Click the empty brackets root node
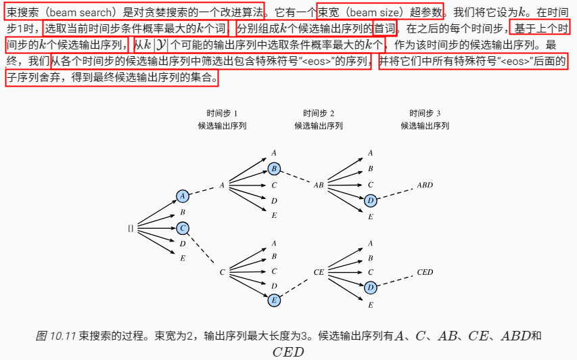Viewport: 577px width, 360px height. click(x=131, y=228)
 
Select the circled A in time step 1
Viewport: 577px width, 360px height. click(x=183, y=196)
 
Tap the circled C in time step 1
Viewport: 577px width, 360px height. click(x=183, y=228)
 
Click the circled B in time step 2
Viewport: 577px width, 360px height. click(x=274, y=168)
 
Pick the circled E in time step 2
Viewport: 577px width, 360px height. click(x=274, y=299)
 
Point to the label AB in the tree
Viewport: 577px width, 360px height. click(x=319, y=185)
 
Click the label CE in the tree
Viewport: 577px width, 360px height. click(x=319, y=272)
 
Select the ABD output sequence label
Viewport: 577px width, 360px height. click(x=425, y=185)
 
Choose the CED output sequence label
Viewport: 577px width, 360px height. click(x=425, y=272)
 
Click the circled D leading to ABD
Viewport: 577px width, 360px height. click(x=370, y=200)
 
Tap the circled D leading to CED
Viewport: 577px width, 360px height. click(x=370, y=288)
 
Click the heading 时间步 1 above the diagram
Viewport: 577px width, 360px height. click(x=222, y=113)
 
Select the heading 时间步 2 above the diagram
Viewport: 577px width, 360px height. click(x=319, y=113)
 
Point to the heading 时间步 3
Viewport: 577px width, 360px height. click(x=425, y=113)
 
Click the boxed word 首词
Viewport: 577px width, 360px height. click(x=385, y=28)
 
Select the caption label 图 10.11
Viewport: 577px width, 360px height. click(x=56, y=336)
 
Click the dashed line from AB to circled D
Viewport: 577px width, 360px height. click(x=346, y=193)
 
